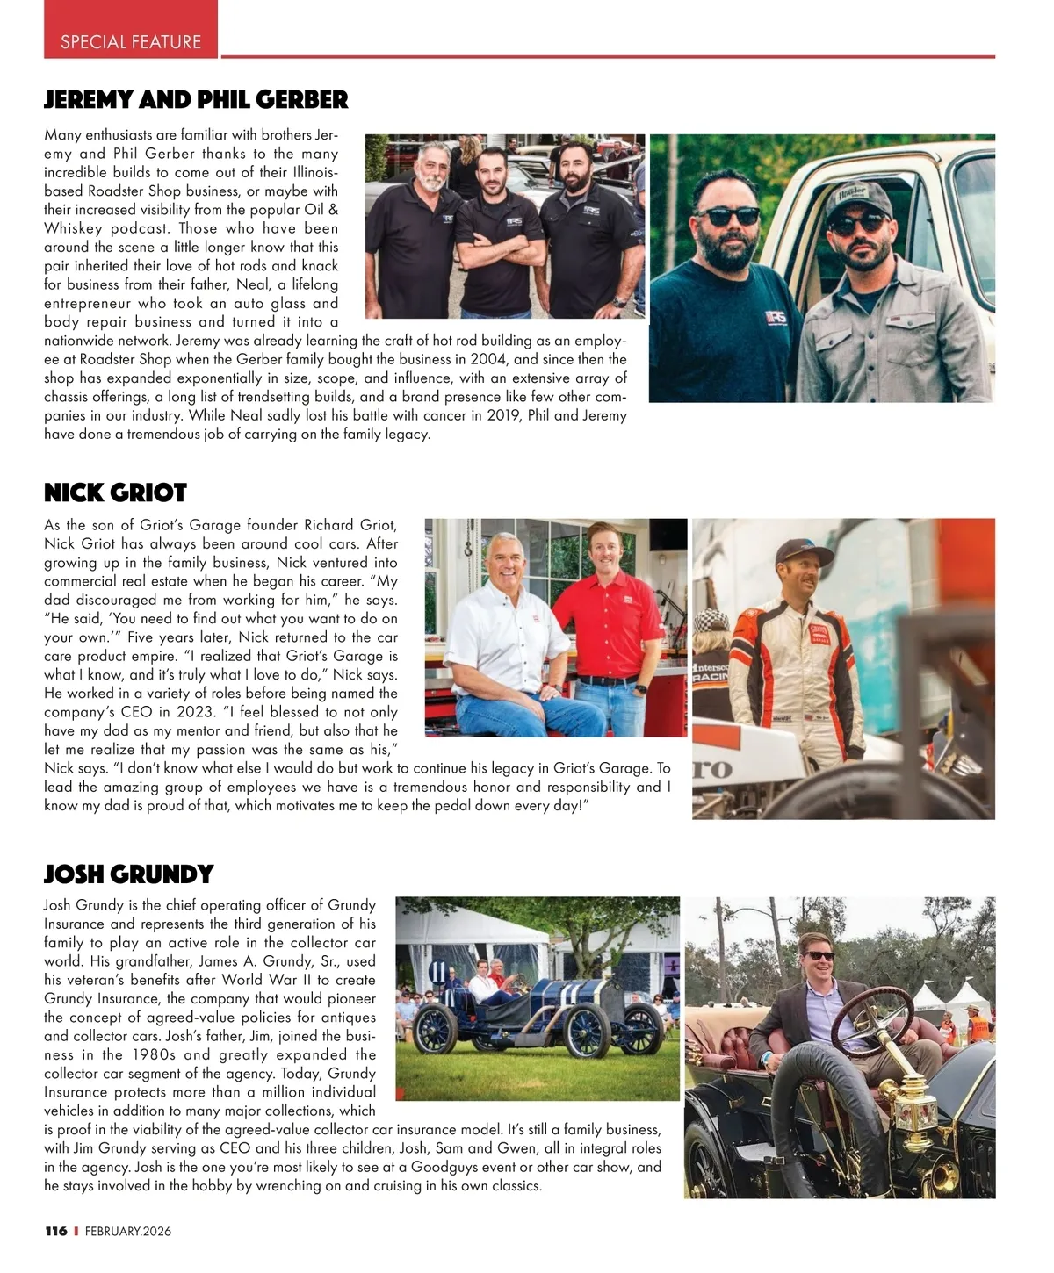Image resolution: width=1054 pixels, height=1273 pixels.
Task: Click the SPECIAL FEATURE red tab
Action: click(x=131, y=41)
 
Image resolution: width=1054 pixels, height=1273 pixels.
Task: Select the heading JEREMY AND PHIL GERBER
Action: click(x=196, y=99)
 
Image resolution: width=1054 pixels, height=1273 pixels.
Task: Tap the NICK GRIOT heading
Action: click(x=115, y=492)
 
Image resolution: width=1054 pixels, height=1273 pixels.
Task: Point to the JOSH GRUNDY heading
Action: click(x=129, y=874)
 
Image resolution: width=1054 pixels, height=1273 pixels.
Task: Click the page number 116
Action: click(x=56, y=1231)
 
